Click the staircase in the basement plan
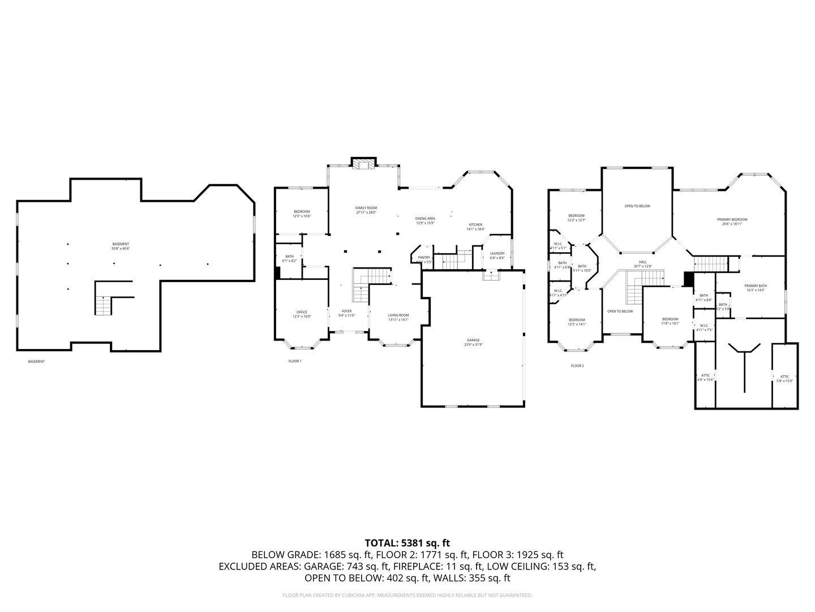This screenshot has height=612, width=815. tap(104, 306)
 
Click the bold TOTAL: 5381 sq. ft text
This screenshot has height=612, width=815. tap(407, 543)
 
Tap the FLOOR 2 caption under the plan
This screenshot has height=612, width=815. tap(577, 366)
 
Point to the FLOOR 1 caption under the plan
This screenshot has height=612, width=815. tap(295, 361)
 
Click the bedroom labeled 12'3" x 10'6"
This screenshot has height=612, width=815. tap(302, 214)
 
